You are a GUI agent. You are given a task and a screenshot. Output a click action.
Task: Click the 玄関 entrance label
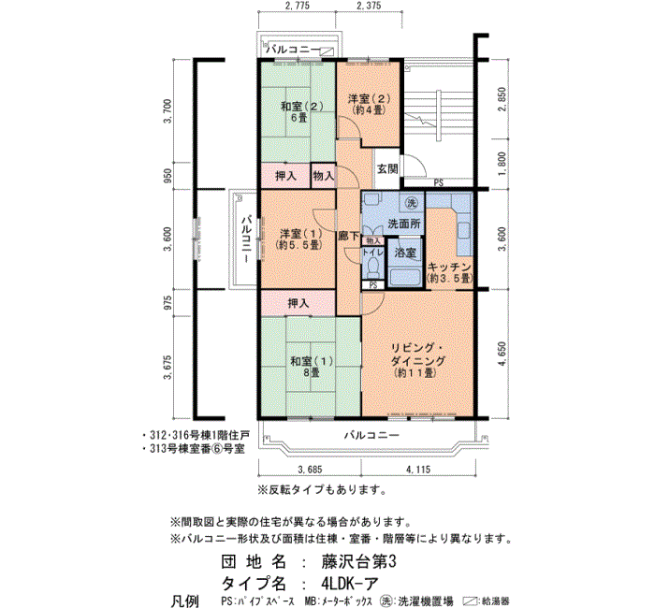tap(387, 169)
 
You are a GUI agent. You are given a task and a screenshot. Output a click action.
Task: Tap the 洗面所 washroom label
tap(404, 224)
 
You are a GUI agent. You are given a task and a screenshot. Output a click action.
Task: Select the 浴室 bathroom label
tap(405, 253)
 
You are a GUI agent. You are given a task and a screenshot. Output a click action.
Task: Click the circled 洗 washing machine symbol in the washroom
tap(412, 203)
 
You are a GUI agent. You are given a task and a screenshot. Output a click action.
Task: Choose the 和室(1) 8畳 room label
tap(312, 367)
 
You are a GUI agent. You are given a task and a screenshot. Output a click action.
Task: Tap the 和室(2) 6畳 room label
tap(301, 111)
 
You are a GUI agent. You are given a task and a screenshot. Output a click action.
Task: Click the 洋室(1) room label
tap(299, 239)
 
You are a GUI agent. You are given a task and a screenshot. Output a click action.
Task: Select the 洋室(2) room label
tap(369, 104)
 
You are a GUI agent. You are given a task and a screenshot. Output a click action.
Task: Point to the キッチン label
tap(449, 267)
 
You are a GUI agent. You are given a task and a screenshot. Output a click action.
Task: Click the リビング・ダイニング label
tap(417, 355)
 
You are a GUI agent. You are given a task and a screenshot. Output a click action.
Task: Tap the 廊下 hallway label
tap(348, 237)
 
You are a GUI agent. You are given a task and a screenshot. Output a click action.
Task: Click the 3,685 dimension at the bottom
tap(310, 470)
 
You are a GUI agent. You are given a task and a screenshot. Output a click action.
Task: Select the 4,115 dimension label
tap(418, 470)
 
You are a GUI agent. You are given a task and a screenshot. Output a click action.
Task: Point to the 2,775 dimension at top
tap(297, 6)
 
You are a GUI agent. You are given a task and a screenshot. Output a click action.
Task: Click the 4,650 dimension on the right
tap(502, 354)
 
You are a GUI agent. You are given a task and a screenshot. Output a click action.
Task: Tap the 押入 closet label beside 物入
tap(285, 176)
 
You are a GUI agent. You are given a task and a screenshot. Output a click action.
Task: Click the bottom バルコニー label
tap(371, 435)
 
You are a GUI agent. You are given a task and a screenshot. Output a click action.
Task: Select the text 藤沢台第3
tap(358, 561)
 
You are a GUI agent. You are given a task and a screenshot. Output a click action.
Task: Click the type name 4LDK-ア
tap(350, 583)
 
